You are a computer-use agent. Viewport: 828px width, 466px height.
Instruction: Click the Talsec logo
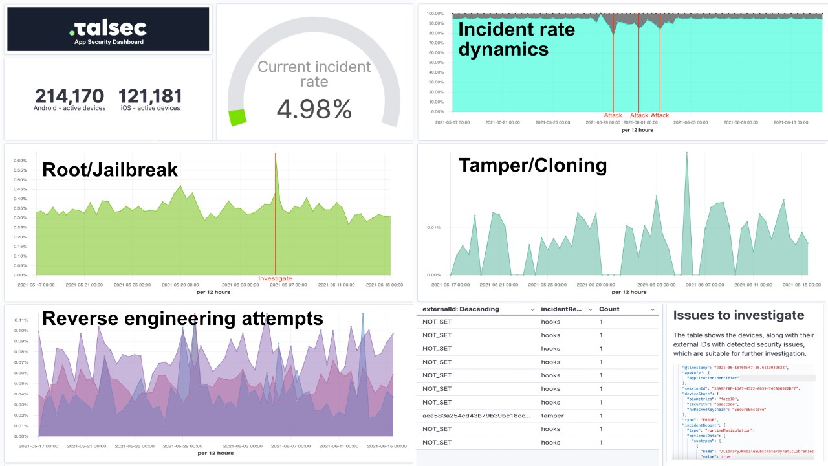point(107,28)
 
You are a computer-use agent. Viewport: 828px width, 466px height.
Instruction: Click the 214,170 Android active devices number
point(69,96)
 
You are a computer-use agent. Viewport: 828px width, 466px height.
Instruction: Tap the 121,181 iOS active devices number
point(150,96)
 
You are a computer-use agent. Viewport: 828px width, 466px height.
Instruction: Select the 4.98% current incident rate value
point(314,109)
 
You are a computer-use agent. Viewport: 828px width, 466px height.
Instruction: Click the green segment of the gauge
point(237,118)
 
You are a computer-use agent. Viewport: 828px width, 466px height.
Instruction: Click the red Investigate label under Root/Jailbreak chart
point(275,278)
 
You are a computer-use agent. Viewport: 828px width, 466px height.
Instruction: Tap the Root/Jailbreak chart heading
point(109,170)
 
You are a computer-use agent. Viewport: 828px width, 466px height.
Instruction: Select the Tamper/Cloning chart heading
point(532,166)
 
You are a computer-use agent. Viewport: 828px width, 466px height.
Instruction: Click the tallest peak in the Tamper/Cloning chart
point(686,153)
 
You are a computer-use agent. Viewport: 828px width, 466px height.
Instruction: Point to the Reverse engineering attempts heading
point(182,318)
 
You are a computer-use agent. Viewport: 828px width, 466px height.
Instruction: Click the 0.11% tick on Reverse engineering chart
point(21,320)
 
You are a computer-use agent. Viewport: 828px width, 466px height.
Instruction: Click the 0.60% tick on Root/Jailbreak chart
point(19,161)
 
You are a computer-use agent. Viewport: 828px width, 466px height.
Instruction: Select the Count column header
point(609,309)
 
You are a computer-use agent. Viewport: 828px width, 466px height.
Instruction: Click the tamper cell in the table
point(552,416)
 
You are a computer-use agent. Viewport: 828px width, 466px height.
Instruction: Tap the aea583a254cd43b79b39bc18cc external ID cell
point(476,416)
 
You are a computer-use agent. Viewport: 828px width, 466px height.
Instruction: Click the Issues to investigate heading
point(739,315)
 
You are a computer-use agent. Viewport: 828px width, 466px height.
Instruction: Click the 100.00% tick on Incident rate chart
point(435,14)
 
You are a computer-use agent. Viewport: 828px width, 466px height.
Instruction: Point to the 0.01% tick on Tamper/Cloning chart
point(433,227)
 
